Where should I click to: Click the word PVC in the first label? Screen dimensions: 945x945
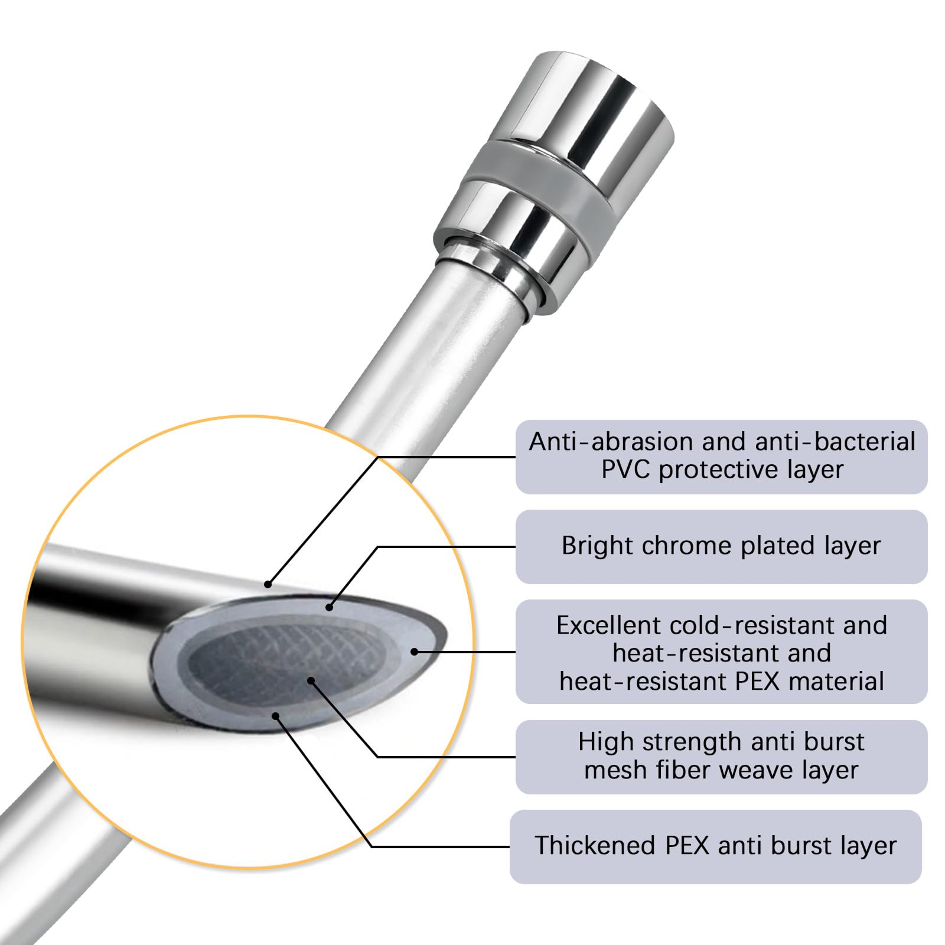(x=626, y=470)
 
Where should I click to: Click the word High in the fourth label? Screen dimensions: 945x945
(x=603, y=742)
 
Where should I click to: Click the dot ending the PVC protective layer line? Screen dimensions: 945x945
(x=268, y=585)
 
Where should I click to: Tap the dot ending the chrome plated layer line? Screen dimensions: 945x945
(x=329, y=607)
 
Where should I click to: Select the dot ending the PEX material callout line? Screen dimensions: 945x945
(x=415, y=652)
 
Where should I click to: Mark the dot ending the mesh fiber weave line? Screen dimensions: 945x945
(x=311, y=681)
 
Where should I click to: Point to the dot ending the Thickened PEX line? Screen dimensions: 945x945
(x=275, y=716)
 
